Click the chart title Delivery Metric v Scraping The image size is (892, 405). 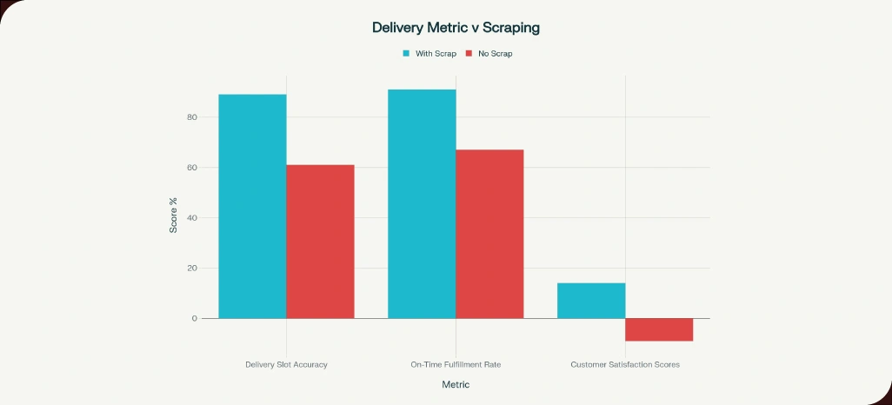pos(456,28)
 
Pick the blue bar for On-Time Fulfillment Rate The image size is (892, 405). pos(422,203)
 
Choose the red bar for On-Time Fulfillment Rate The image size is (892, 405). pos(490,234)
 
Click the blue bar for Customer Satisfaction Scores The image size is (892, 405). pos(591,301)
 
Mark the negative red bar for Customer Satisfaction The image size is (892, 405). pos(659,329)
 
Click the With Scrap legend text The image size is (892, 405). pos(436,54)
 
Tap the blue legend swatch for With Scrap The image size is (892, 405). pos(406,54)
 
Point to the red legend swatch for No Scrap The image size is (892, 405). pos(469,54)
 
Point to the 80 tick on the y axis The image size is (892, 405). pos(192,117)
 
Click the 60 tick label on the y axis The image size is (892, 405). pos(192,168)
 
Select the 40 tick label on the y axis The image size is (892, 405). pos(192,218)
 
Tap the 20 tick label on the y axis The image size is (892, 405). pos(192,269)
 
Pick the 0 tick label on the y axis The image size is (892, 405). pos(195,319)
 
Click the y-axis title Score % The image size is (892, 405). pos(173,215)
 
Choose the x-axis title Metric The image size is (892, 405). pos(456,384)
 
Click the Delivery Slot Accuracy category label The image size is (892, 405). pos(286,364)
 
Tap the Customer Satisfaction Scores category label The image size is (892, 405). pos(625,364)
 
